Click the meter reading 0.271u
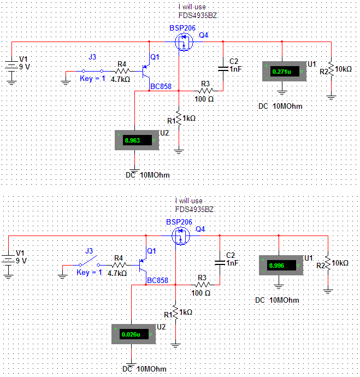point(281,72)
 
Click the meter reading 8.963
point(133,140)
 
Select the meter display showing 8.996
point(278,266)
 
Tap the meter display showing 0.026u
point(131,334)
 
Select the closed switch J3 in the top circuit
point(92,71)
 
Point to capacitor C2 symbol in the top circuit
point(222,68)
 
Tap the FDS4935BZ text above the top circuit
point(197,15)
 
